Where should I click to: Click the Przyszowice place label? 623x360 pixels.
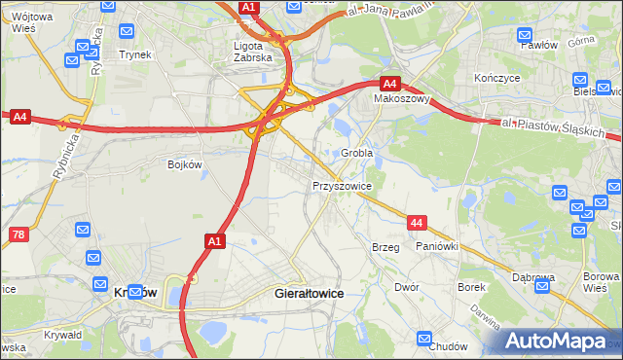342,185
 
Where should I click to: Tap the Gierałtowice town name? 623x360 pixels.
311,292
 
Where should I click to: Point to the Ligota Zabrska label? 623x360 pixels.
256,51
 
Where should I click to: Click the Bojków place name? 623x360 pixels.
184,164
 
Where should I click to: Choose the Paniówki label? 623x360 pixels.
436,247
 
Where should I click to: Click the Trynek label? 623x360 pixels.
135,54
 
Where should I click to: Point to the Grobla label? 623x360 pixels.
357,154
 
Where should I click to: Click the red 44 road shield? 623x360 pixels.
417,224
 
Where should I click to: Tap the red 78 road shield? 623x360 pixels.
18,234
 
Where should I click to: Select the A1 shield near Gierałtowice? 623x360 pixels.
216,239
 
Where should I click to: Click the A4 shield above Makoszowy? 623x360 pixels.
389,84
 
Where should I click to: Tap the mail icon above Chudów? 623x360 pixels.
424,339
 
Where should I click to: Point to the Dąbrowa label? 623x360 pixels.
533,277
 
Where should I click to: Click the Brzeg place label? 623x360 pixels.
385,247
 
